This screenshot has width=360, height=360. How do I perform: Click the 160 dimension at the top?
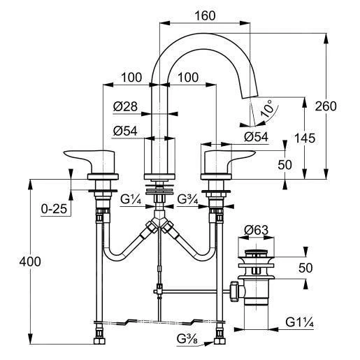(205, 16)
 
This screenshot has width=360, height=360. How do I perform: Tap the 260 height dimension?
(326, 106)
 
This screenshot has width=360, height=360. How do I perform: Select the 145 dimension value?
(305, 138)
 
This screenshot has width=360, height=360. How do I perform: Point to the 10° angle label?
(267, 108)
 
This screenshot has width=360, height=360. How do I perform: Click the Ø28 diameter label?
(125, 106)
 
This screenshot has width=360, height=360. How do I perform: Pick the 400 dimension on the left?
(30, 261)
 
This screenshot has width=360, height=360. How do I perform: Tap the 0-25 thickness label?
(54, 208)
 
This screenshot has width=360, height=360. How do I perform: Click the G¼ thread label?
(131, 199)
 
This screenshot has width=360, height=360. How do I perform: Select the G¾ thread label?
(187, 199)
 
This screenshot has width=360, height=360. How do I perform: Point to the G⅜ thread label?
(187, 339)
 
